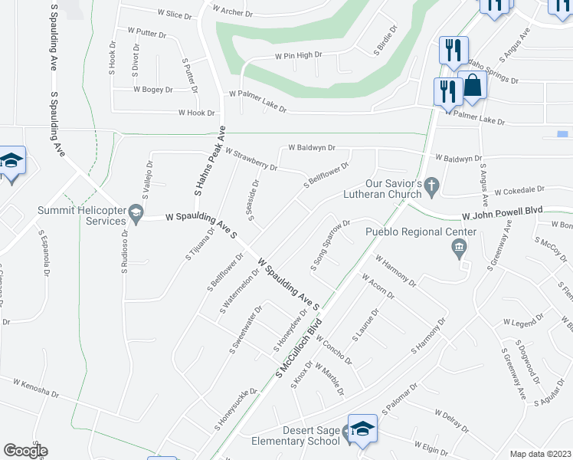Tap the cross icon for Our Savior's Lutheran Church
(x=431, y=185)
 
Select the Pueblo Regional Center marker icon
(x=460, y=247)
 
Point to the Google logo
(x=25, y=451)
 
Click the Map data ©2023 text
(x=540, y=453)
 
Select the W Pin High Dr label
(x=299, y=55)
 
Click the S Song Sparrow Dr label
(x=330, y=245)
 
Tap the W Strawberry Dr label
(x=250, y=159)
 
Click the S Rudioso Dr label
(x=124, y=251)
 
